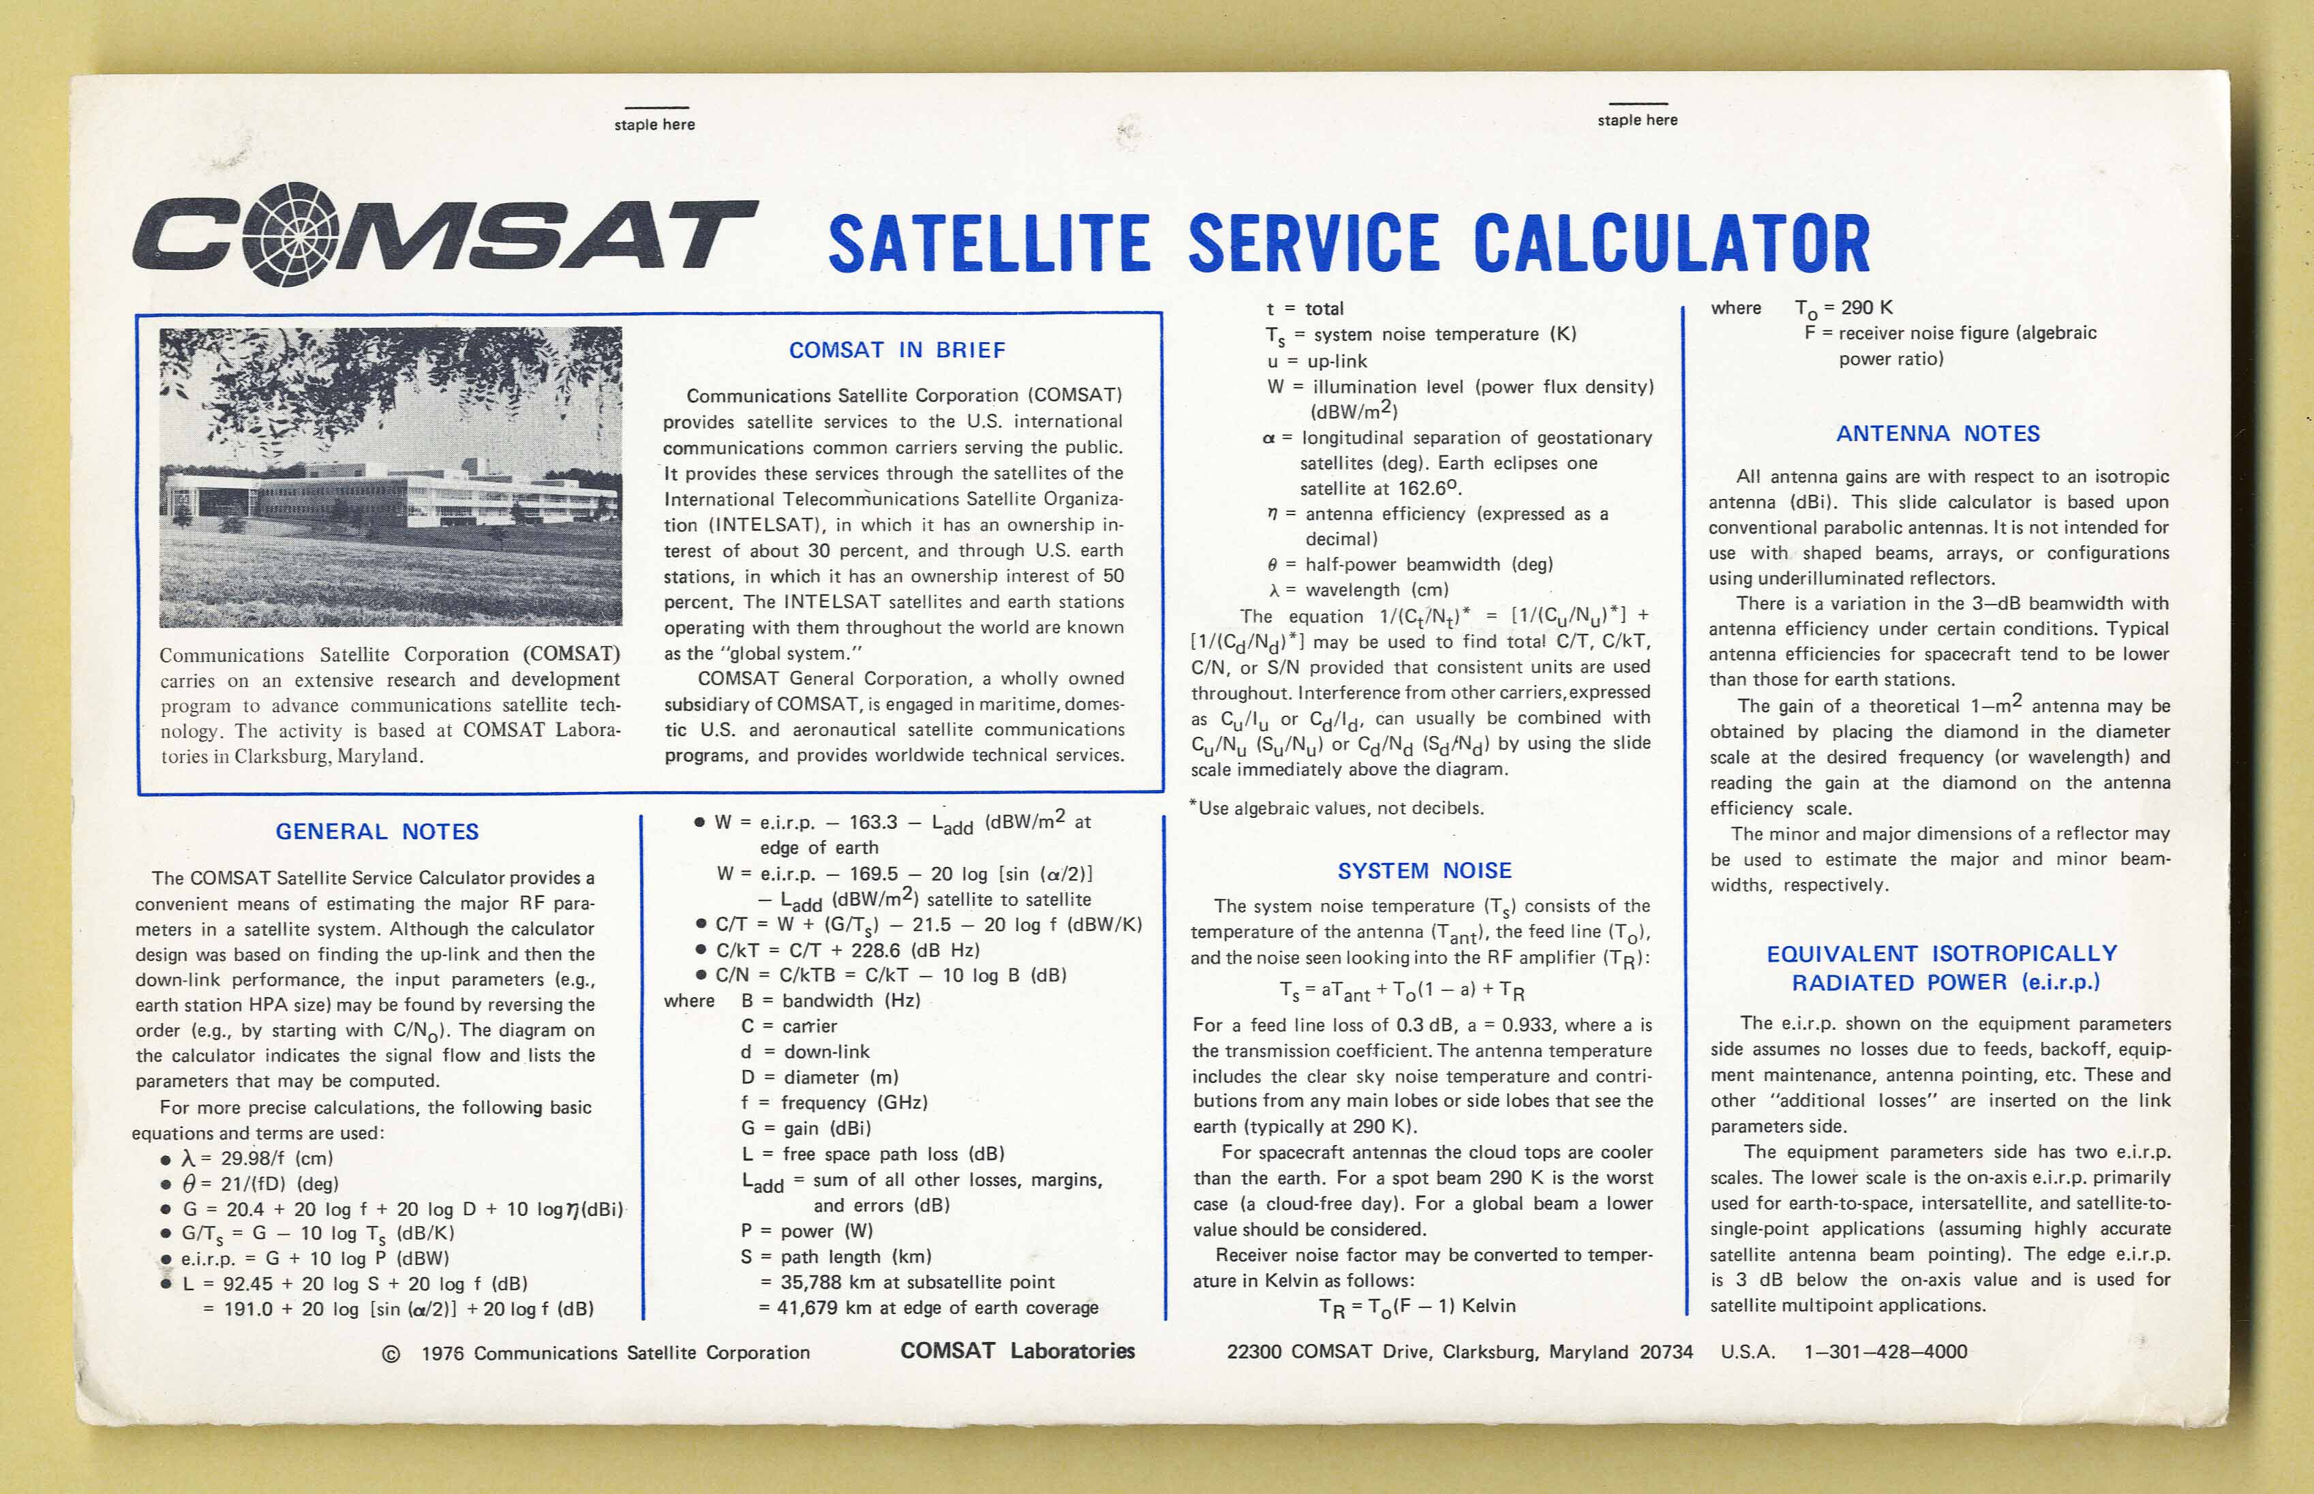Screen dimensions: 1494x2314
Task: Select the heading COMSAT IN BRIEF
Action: click(896, 350)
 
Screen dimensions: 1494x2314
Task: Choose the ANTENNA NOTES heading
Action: click(1938, 433)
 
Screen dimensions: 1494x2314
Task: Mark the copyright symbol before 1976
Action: click(391, 1354)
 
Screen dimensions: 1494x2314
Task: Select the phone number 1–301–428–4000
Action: click(1885, 1352)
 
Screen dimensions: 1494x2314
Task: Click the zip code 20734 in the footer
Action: click(1665, 1352)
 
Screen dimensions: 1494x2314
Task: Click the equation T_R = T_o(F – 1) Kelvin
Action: click(1416, 1307)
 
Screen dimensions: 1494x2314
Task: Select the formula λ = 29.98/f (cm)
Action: click(256, 1159)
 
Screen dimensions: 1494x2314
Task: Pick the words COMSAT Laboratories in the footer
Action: click(1017, 1352)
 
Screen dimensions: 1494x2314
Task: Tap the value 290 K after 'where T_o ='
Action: click(1867, 307)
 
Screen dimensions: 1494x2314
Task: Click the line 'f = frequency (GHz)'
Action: click(834, 1103)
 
